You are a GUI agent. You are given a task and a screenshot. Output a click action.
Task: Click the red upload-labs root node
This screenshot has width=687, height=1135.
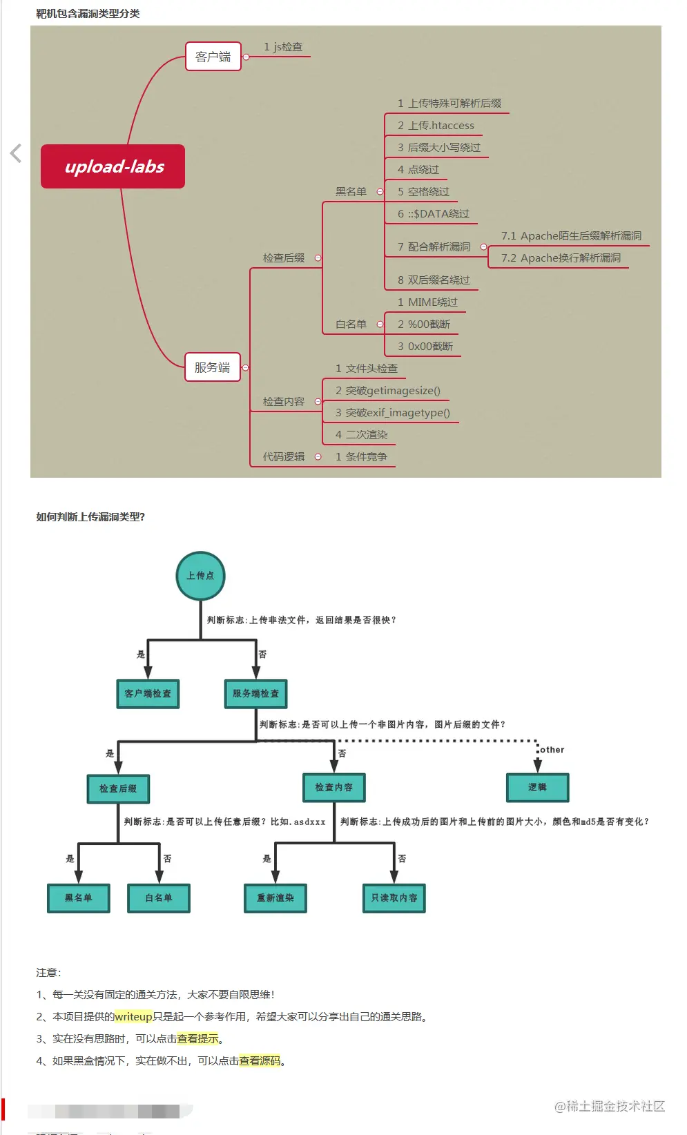click(x=113, y=166)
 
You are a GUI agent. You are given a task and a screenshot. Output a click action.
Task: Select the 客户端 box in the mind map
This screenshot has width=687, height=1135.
click(x=213, y=57)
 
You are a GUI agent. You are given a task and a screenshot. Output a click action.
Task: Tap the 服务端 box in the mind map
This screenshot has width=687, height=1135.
click(x=212, y=367)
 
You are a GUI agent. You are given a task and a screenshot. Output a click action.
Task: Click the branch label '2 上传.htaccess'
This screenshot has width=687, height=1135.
click(x=436, y=126)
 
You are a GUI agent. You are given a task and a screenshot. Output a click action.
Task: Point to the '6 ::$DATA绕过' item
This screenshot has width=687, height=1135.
click(x=433, y=214)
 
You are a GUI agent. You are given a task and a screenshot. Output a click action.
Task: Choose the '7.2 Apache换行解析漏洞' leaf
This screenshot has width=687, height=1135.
click(x=561, y=258)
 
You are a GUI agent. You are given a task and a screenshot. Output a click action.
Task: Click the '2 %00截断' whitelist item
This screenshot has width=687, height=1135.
click(x=423, y=324)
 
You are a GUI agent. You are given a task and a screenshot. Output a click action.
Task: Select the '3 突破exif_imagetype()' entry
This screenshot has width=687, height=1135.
click(x=392, y=413)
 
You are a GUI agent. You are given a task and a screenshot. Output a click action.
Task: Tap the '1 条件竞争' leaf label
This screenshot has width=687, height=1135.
click(x=361, y=457)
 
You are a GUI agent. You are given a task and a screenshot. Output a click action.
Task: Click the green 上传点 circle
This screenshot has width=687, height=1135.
click(x=200, y=576)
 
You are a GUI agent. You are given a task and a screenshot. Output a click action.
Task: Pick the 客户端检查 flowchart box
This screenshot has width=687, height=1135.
click(x=148, y=694)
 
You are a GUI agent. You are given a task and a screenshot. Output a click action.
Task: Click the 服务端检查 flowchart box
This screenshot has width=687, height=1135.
click(x=255, y=694)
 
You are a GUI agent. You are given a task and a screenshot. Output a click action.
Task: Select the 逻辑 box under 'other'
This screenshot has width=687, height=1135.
click(x=537, y=788)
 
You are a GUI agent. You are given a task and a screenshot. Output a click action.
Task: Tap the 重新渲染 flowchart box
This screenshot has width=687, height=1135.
click(x=275, y=898)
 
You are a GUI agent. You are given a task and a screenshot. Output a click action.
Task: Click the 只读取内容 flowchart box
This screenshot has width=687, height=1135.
click(x=394, y=898)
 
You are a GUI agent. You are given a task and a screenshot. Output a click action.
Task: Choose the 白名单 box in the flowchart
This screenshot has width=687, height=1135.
click(x=158, y=898)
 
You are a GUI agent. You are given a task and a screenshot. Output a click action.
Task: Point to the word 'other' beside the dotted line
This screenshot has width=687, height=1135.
click(x=552, y=750)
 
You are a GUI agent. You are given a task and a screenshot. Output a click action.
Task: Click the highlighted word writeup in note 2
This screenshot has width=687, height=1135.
click(x=133, y=1017)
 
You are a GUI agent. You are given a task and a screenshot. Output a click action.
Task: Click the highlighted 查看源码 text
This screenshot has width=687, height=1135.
click(x=260, y=1061)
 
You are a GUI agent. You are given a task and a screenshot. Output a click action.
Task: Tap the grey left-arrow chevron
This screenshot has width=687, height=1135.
click(x=16, y=153)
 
